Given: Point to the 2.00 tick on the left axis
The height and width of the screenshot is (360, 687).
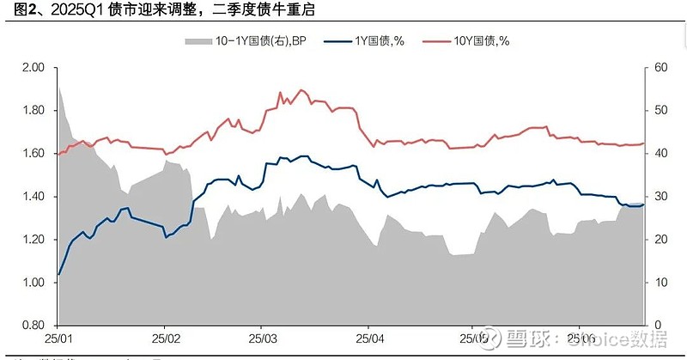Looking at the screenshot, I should pos(33,68).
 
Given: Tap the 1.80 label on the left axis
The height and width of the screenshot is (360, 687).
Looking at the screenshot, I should pos(33,111).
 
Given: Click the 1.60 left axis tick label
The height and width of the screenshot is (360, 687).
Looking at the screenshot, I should pos(33,154).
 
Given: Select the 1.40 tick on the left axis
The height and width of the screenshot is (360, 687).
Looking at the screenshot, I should pos(33,197).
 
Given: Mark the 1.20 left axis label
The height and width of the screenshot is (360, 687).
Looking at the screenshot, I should pos(33,240).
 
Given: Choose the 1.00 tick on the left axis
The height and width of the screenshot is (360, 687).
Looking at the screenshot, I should pos(33,283).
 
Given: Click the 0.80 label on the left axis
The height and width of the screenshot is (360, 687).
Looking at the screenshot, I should pos(33,326).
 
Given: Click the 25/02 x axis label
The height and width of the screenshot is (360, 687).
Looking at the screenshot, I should pos(164,339).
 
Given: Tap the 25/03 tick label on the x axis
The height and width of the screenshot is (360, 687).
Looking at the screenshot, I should pos(262,339).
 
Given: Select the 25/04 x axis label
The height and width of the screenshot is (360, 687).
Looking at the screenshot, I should pos(368,339).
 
